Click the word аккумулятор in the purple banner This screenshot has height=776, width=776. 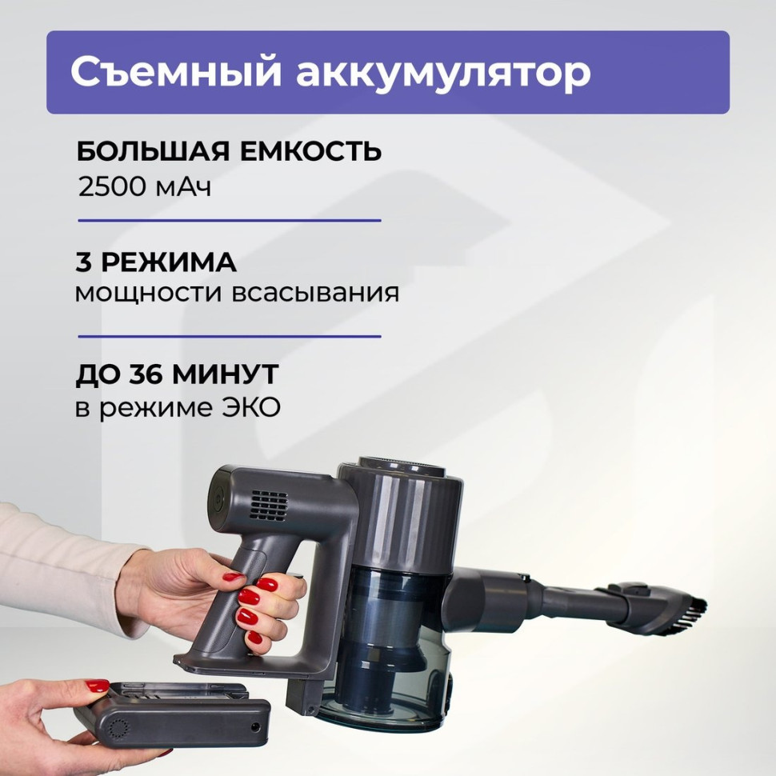point(443,73)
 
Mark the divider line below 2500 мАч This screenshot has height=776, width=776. point(229,219)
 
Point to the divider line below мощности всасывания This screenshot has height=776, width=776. point(229,336)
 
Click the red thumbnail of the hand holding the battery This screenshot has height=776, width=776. point(98,686)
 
